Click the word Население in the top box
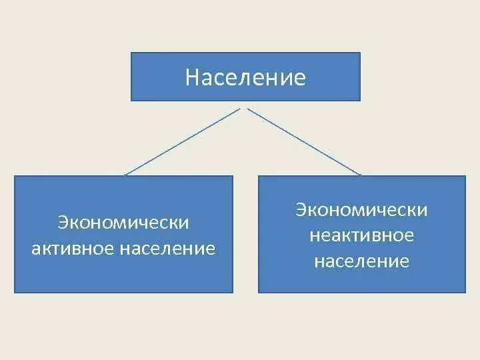[x=245, y=78]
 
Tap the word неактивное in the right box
[x=362, y=235]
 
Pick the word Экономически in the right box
[x=362, y=210]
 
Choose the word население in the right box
[x=362, y=261]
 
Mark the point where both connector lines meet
[x=245, y=107]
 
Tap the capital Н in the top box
[x=192, y=78]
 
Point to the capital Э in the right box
[x=301, y=210]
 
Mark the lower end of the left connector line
[x=125, y=175]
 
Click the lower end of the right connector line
[x=361, y=175]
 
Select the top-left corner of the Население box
[x=131, y=53]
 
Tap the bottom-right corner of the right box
[x=465, y=292]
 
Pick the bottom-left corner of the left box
[x=15, y=292]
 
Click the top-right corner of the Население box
[x=360, y=53]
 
